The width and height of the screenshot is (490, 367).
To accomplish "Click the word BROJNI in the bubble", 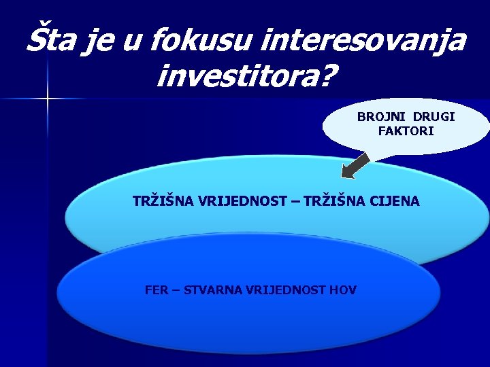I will pyautogui.click(x=380, y=117).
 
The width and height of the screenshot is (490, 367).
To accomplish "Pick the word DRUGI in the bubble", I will pyautogui.click(x=434, y=117).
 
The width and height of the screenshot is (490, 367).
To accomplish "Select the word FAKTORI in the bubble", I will pyautogui.click(x=406, y=130).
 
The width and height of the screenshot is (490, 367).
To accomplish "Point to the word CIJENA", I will pyautogui.click(x=395, y=202).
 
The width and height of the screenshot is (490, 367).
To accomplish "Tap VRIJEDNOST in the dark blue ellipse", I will pyautogui.click(x=283, y=290).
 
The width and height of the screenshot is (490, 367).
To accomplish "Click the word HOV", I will pyautogui.click(x=342, y=290).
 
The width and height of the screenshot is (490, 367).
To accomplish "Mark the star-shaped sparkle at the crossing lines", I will pyautogui.click(x=48, y=99).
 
